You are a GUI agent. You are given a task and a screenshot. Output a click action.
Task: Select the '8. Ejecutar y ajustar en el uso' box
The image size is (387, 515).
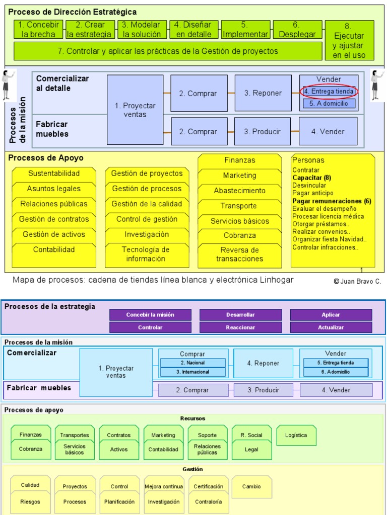click(x=349, y=40)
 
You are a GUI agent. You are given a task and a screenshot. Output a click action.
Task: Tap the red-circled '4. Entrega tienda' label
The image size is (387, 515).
click(x=329, y=92)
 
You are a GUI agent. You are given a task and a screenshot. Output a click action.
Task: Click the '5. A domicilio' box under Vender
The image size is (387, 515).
click(x=329, y=104)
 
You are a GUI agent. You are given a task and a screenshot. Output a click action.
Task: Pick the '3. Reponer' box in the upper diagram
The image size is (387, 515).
click(x=263, y=93)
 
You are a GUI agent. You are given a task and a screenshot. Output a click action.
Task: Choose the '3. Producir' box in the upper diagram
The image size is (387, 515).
click(x=262, y=131)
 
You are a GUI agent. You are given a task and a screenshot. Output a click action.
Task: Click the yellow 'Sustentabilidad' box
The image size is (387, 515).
click(x=54, y=174)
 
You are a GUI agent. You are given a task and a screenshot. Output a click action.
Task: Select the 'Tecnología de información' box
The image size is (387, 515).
click(x=146, y=254)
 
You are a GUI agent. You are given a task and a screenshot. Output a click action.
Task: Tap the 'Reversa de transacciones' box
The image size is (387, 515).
click(x=239, y=254)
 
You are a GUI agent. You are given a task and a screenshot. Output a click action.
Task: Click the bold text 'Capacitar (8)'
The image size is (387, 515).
click(x=311, y=178)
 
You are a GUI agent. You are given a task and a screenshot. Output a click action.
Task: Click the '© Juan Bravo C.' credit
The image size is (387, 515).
click(x=357, y=282)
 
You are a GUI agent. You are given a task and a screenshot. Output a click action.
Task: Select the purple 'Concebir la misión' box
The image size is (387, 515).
click(x=150, y=315)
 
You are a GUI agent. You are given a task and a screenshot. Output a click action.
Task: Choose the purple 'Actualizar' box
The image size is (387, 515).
click(x=331, y=327)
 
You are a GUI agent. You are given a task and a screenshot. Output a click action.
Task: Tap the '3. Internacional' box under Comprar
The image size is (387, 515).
click(x=192, y=372)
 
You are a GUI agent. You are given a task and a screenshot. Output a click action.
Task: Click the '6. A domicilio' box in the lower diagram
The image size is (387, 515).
click(x=335, y=372)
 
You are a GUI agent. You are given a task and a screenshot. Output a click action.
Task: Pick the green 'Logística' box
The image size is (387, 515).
click(x=296, y=436)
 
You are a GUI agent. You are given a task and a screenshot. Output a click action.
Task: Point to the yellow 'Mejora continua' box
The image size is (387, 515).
click(x=163, y=486)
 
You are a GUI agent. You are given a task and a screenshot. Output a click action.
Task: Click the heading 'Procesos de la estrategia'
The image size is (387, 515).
click(x=50, y=306)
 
